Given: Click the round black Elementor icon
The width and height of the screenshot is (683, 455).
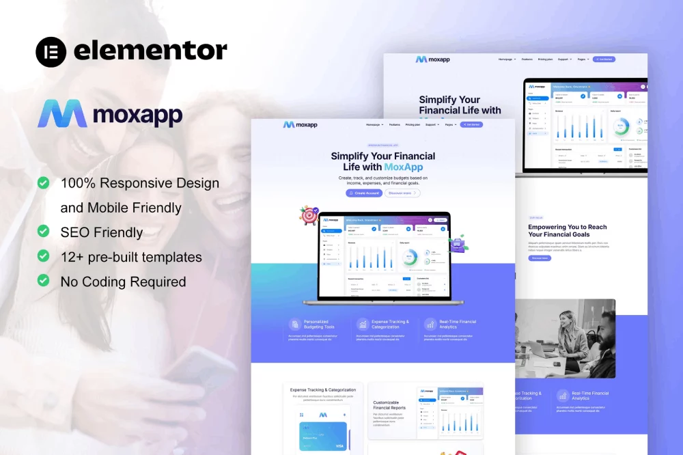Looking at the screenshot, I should (51, 52).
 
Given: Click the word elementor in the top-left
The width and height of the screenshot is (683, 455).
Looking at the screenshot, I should (150, 51).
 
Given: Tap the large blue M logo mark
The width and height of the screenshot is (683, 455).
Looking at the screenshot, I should (62, 114).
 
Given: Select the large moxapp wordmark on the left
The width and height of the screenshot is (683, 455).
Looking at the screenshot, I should (138, 115).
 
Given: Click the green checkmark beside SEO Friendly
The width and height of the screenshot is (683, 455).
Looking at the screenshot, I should (43, 232).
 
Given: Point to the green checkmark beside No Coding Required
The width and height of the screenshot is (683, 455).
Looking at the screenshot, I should (43, 281).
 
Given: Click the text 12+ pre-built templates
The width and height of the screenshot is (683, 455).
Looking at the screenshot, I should (131, 257).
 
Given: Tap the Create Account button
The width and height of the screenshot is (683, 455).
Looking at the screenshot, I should (364, 193).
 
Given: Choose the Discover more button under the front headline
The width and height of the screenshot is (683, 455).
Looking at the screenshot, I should (402, 193).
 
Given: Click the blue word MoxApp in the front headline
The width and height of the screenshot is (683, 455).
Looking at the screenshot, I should (403, 167).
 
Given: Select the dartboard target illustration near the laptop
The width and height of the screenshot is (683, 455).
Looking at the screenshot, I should (309, 215).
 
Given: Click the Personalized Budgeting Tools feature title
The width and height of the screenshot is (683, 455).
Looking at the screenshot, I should (319, 324).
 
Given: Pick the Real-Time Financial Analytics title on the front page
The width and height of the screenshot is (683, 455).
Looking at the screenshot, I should (458, 324).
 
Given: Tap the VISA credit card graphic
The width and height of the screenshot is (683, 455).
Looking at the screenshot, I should (322, 436).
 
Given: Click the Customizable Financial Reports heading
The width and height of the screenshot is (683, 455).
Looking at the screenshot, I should (389, 405).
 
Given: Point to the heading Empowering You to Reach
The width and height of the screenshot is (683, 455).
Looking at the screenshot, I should (567, 227).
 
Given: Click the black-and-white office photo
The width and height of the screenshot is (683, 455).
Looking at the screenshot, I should (566, 339).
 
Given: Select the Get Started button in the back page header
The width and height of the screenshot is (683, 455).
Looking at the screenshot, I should (604, 59).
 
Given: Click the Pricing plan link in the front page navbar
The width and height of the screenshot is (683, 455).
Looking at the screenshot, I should (413, 125).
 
